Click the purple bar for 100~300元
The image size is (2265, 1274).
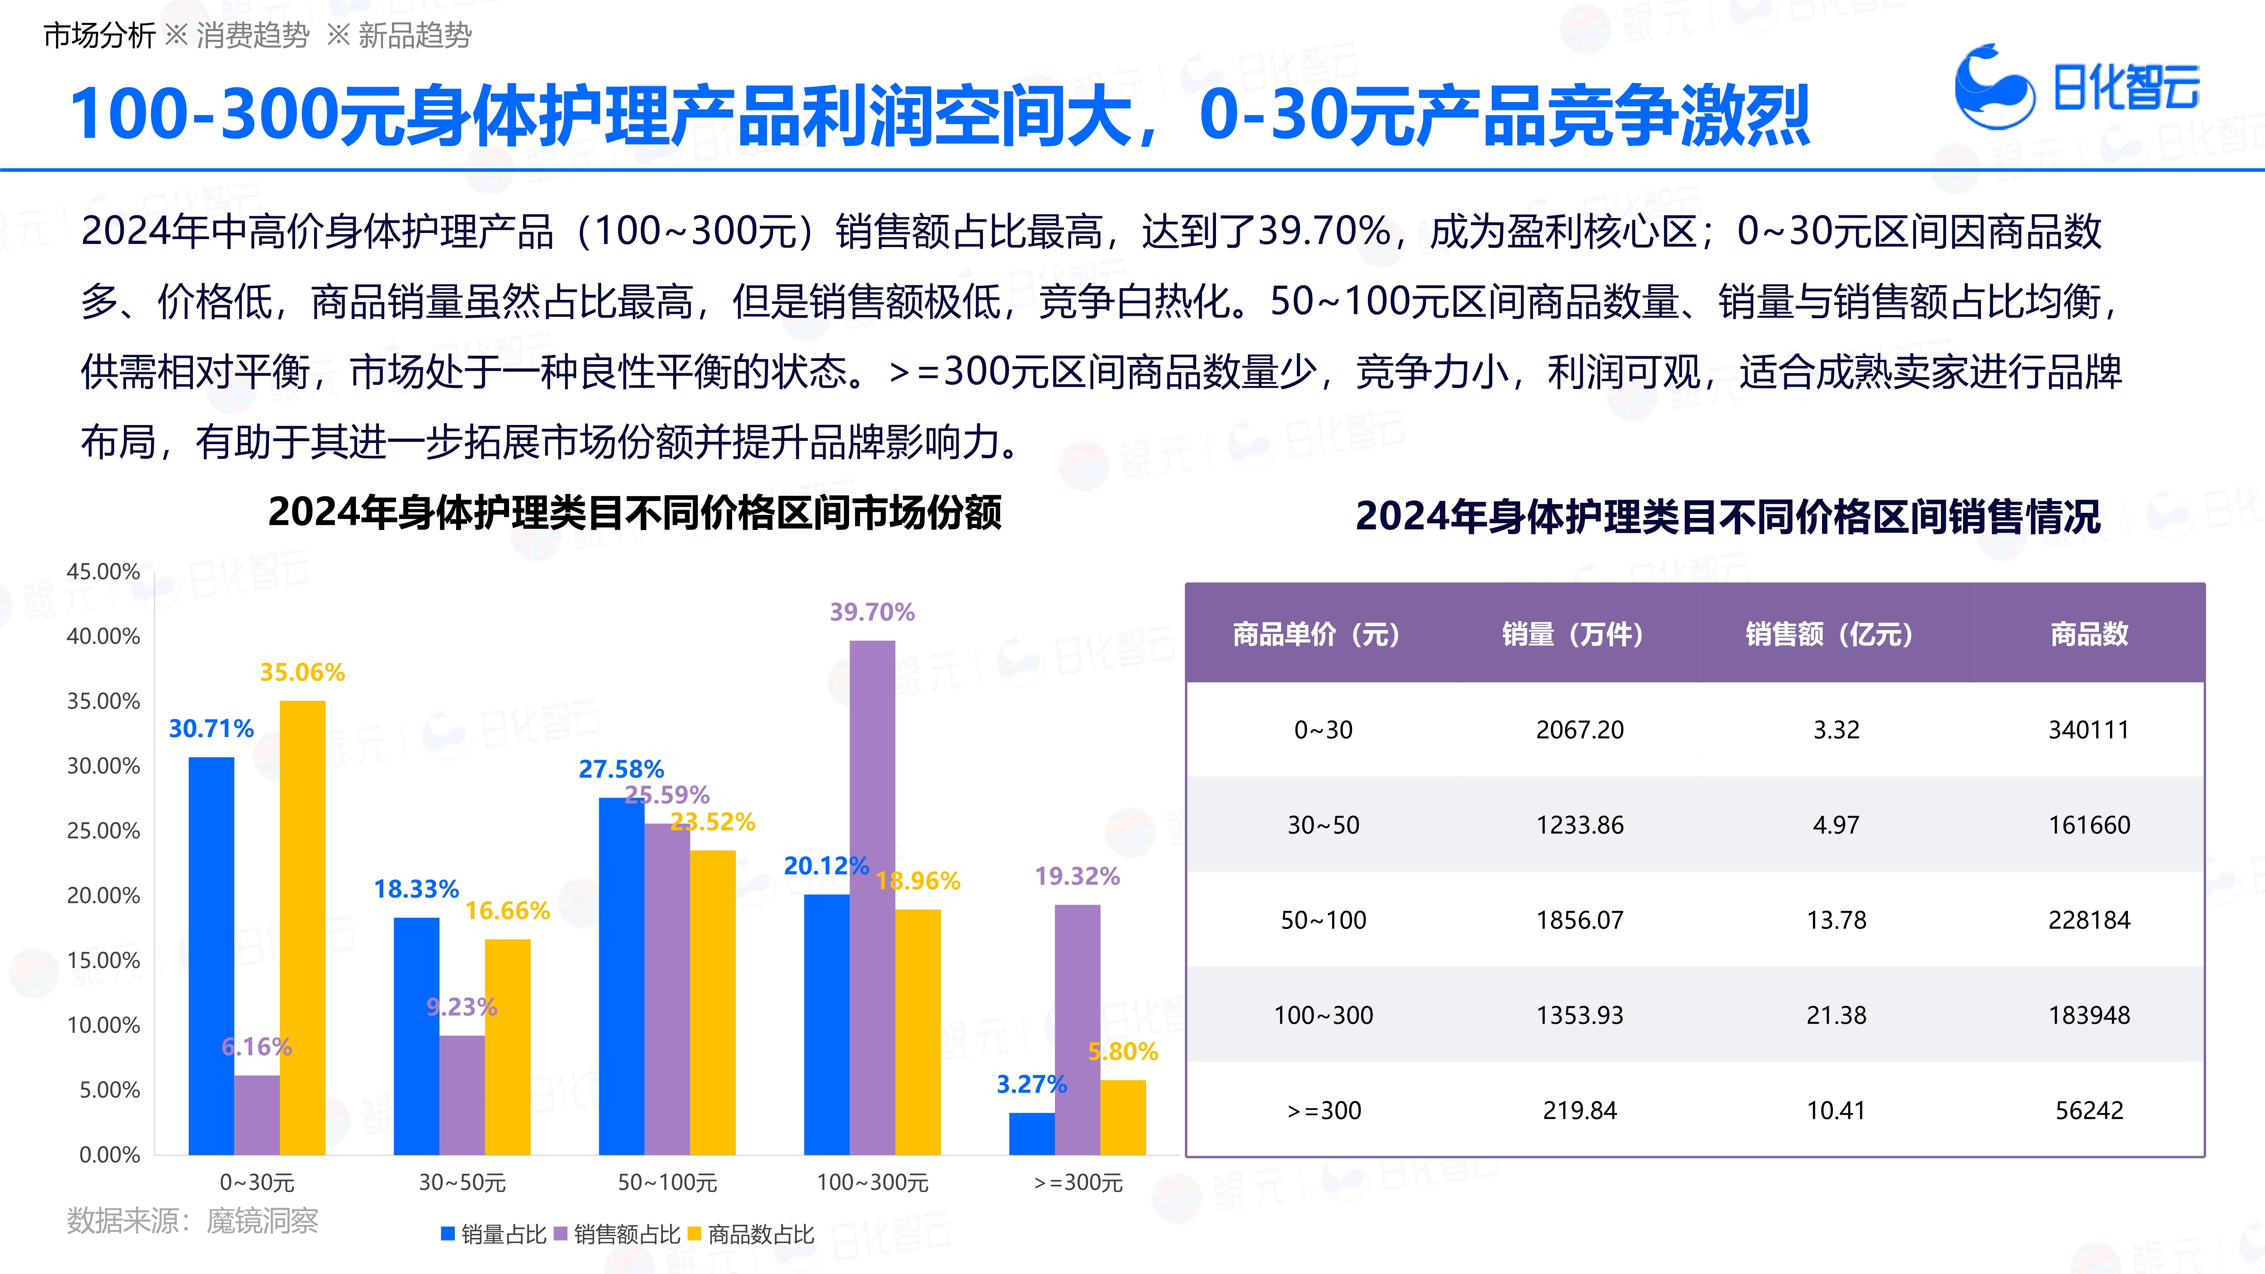pos(872,897)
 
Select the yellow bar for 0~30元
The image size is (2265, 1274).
pos(303,927)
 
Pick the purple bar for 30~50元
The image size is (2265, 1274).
pos(462,1095)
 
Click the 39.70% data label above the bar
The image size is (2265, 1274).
pos(872,612)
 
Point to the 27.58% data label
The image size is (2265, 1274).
pos(621,769)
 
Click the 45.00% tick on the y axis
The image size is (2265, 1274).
pos(104,572)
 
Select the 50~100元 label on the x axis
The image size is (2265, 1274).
pos(667,1183)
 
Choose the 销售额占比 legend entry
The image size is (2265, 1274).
pos(617,1234)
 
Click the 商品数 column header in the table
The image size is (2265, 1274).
pos(2089,634)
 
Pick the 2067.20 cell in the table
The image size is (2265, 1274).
pos(1579,730)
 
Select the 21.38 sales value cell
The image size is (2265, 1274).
pos(1836,1015)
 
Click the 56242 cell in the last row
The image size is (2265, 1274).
pos(2089,1110)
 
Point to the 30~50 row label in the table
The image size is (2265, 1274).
pos(1323,825)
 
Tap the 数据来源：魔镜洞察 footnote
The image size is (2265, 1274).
pos(193,1220)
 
